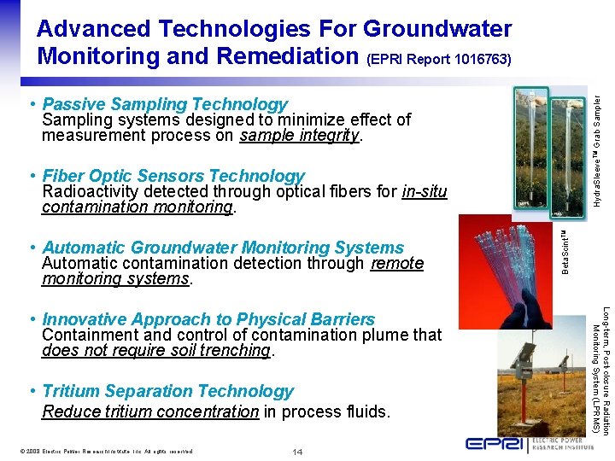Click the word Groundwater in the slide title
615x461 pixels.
[x=437, y=28]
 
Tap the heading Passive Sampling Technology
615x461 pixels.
[x=165, y=104]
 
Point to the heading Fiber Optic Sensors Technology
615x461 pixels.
[x=173, y=176]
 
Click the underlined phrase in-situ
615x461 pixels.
[x=424, y=191]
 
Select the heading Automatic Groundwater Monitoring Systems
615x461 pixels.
[x=222, y=248]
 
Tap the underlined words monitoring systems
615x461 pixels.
[x=116, y=279]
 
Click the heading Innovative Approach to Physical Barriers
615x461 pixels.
[x=208, y=319]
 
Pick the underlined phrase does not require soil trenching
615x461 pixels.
[x=155, y=350]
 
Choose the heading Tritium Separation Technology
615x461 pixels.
[x=167, y=391]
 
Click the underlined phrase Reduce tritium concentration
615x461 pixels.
[x=150, y=411]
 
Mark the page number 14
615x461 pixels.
[x=297, y=451]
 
